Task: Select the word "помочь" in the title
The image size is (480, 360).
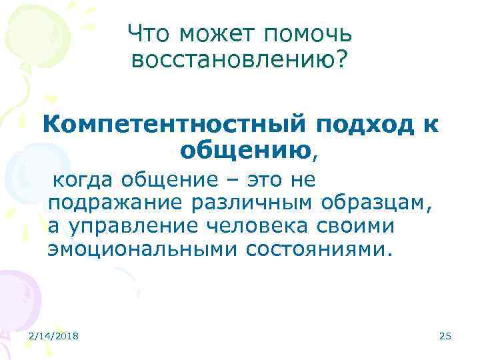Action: pos(311,32)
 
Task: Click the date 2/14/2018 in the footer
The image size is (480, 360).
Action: pos(54,337)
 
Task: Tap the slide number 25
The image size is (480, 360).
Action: pos(445,337)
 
